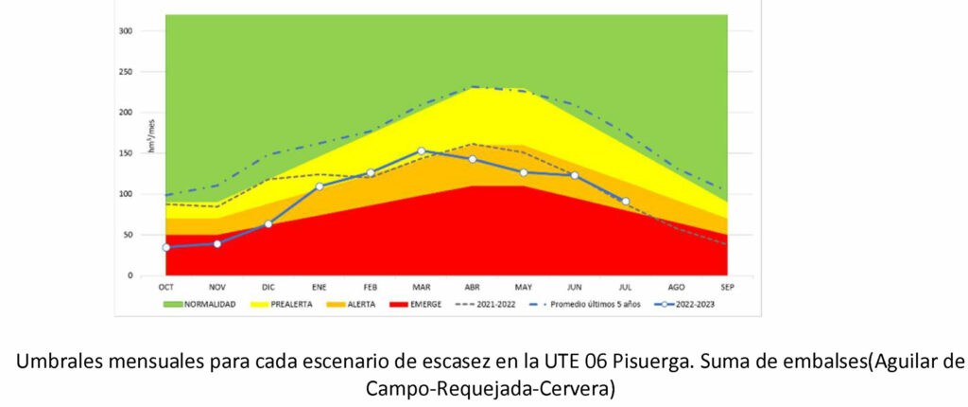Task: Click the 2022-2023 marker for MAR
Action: (422, 151)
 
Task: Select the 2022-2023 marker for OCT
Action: (166, 248)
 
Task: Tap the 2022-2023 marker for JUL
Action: (626, 202)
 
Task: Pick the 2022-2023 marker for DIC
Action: (268, 224)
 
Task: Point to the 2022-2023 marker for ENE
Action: (320, 186)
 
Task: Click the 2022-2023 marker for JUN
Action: (575, 175)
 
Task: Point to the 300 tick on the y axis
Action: (126, 31)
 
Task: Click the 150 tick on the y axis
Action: (126, 153)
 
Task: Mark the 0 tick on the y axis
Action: (130, 275)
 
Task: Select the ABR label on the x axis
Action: (473, 287)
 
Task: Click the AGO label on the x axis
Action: (677, 287)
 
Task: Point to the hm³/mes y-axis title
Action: (150, 139)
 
